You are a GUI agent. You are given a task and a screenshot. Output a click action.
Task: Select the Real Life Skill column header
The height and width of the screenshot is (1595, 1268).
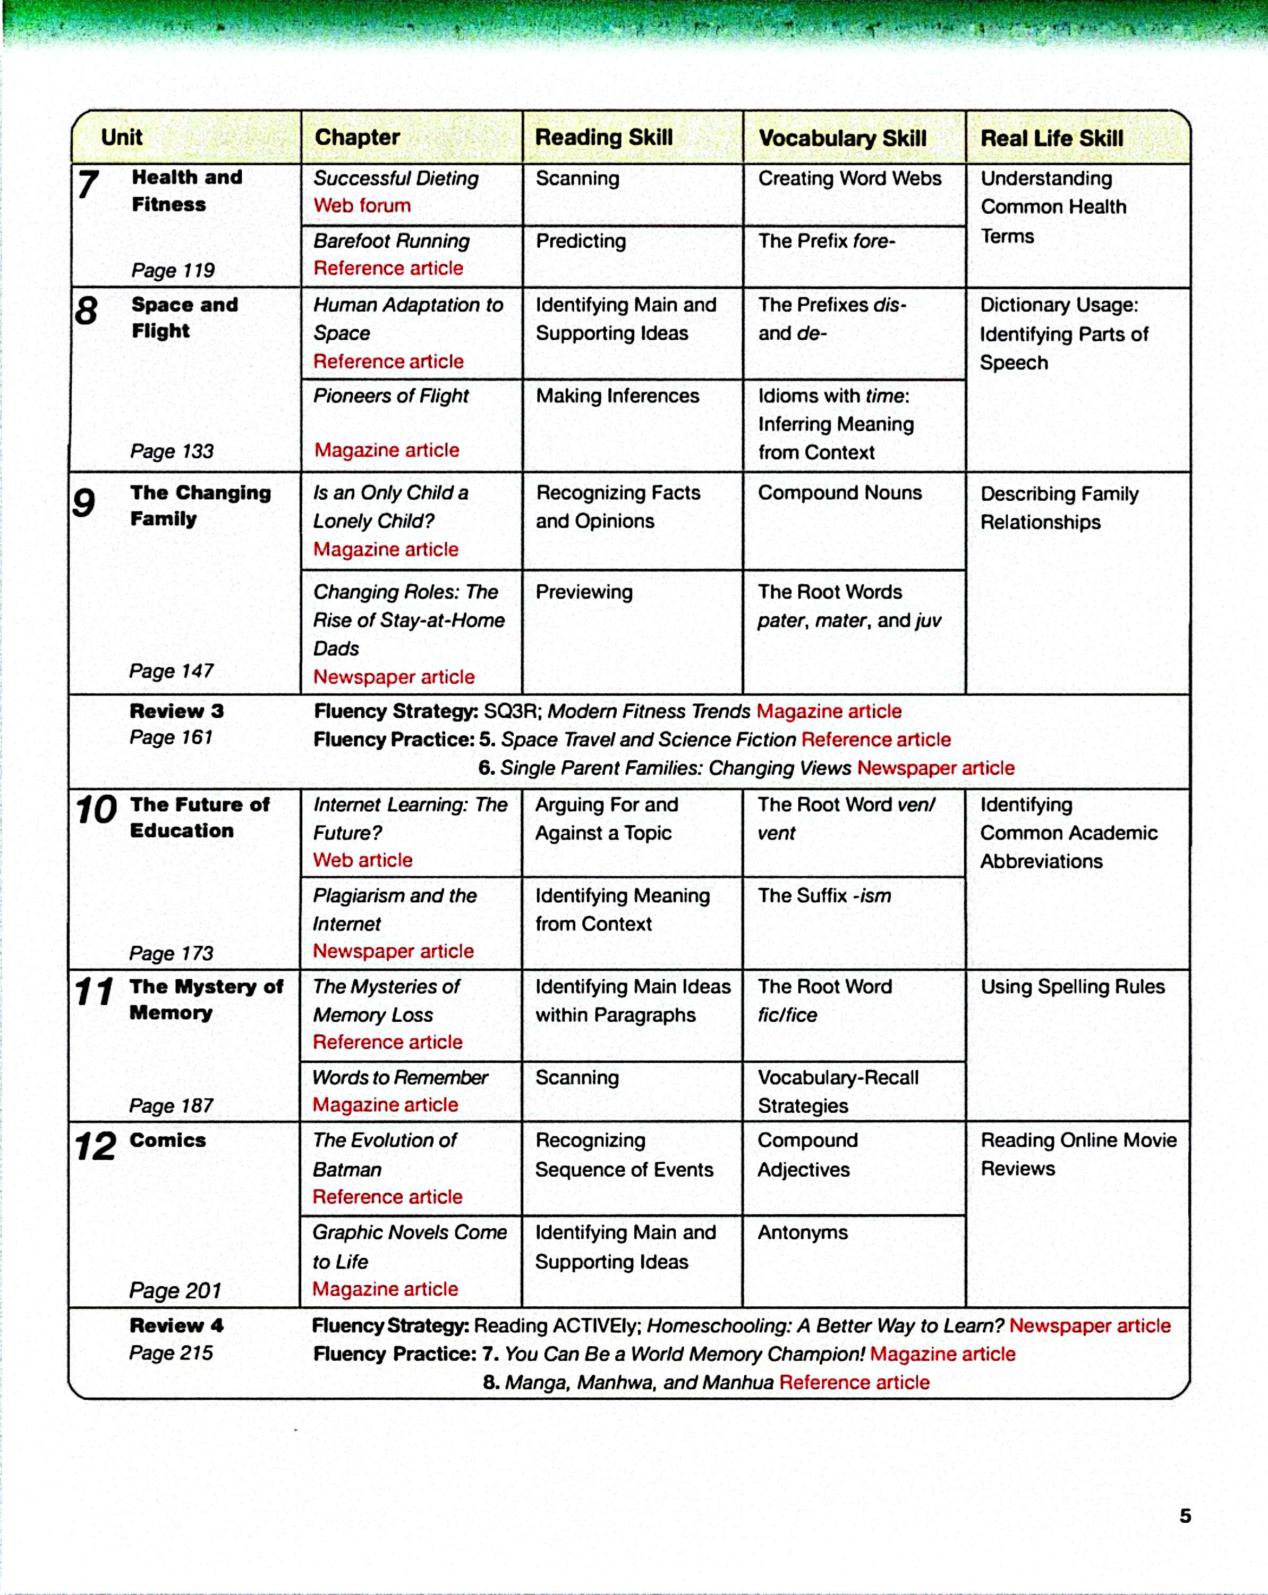tap(1051, 138)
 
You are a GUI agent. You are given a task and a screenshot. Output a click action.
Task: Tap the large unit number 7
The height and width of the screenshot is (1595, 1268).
tap(88, 184)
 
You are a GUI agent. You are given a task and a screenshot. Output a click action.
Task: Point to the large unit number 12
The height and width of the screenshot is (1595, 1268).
tap(96, 1147)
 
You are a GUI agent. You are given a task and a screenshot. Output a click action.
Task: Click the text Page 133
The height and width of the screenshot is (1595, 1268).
tap(172, 451)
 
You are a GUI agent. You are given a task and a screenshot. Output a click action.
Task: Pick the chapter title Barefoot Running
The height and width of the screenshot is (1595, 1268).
tap(391, 241)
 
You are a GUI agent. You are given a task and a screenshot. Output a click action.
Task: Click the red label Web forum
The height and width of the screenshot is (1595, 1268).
tap(362, 206)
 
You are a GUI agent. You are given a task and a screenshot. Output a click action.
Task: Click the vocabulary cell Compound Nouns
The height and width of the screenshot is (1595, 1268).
tap(840, 493)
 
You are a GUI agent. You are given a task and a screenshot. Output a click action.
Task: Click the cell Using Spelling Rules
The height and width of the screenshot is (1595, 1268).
tap(1072, 987)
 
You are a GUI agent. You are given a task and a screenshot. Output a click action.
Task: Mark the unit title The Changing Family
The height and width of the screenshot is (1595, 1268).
tap(200, 506)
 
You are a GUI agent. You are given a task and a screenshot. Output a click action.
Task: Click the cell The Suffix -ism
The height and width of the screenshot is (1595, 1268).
tap(824, 896)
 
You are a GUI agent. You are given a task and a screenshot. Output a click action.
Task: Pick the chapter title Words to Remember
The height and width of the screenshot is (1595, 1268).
tap(400, 1078)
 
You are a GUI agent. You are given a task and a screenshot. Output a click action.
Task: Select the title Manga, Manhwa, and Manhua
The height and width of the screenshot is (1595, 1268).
tap(639, 1383)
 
